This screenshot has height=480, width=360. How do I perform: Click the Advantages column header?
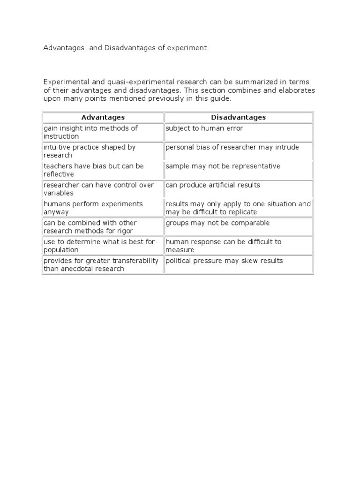(x=103, y=117)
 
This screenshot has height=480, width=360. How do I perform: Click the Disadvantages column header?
(x=238, y=117)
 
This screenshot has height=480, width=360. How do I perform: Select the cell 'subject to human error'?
(x=204, y=128)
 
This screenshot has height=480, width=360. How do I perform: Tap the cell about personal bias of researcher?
(x=232, y=147)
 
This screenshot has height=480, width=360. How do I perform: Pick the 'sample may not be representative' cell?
(x=223, y=166)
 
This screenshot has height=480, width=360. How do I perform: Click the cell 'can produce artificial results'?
(x=212, y=185)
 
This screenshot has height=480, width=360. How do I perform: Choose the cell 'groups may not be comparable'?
(x=217, y=223)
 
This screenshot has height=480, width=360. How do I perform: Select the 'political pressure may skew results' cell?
(x=224, y=261)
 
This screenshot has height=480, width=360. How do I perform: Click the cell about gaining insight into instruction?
(x=91, y=132)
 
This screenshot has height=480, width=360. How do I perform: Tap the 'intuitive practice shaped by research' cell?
(x=90, y=151)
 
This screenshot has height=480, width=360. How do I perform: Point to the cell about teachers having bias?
(x=94, y=170)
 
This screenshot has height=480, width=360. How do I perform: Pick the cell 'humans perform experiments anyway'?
(x=93, y=208)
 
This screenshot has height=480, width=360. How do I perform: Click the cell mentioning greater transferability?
(x=101, y=265)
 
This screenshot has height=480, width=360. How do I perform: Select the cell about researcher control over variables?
(x=99, y=189)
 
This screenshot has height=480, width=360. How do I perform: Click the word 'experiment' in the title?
(x=187, y=48)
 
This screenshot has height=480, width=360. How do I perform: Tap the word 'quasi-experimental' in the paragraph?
(x=119, y=82)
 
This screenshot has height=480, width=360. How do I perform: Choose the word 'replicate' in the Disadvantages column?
(x=242, y=212)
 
